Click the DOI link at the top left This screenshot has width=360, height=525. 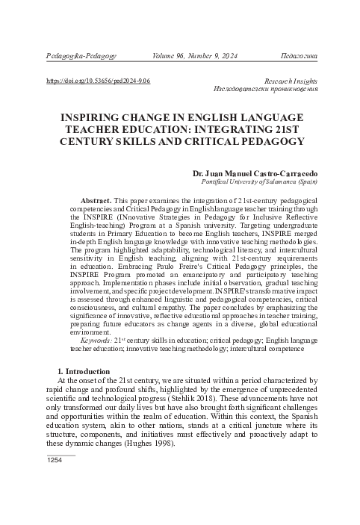[x=99, y=78]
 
